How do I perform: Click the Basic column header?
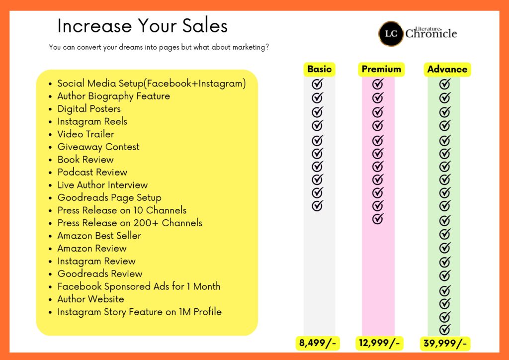320,69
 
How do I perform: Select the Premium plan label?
381,69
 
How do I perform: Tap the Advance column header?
447,69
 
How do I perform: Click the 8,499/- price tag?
318,343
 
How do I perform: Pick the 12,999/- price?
379,343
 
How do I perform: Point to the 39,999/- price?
445,343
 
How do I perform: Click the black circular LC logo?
391,33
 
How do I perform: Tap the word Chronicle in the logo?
431,33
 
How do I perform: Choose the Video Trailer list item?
85,134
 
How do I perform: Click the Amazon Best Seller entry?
99,236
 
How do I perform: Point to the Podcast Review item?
92,172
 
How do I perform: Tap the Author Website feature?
90,299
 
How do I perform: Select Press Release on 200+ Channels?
130,223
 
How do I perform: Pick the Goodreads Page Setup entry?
109,198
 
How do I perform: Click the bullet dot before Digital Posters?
50,109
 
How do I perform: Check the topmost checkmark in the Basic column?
318,84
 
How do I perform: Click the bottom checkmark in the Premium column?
378,218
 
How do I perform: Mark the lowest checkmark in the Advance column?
445,329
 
